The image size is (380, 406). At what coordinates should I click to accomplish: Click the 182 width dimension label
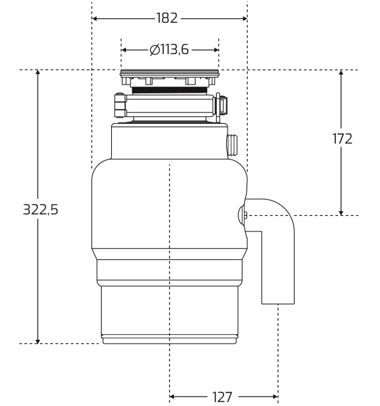click(169, 18)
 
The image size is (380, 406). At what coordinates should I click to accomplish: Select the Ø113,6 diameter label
click(169, 49)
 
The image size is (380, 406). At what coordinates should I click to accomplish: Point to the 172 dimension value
click(342, 139)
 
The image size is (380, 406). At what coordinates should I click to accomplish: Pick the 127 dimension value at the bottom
click(223, 397)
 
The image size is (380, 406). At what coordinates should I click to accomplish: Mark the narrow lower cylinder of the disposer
click(169, 311)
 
